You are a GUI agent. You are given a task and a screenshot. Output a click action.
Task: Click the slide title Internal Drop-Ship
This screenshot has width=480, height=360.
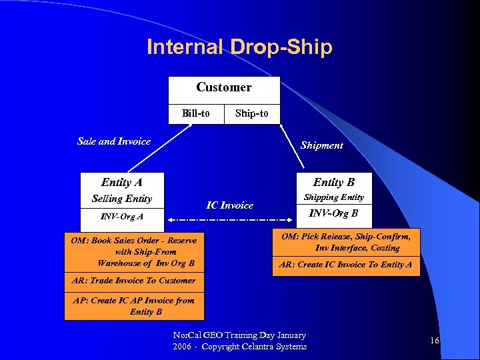tap(239, 47)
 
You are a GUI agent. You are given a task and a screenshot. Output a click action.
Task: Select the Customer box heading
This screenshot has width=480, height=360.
tap(224, 88)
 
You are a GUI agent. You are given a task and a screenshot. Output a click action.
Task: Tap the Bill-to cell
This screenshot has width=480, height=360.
tap(195, 113)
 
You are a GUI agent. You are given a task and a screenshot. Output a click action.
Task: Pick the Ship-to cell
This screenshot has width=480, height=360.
tap(252, 113)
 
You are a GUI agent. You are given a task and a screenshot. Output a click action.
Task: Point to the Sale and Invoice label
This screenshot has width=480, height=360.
tap(114, 141)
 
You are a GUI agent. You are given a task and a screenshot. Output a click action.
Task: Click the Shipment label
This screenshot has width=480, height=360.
tap(321, 145)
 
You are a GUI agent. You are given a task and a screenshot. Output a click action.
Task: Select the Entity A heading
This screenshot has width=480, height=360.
tap(121, 182)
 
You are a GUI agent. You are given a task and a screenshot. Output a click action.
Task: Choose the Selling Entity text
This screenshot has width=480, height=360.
tap(121, 199)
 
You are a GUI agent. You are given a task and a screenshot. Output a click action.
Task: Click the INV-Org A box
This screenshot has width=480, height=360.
tap(121, 217)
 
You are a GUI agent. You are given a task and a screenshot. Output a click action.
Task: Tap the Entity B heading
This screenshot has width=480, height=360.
tap(333, 182)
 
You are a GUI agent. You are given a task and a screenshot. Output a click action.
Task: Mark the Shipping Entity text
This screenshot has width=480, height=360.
tap(333, 197)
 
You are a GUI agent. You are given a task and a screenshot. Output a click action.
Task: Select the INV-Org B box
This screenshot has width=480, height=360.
tap(333, 214)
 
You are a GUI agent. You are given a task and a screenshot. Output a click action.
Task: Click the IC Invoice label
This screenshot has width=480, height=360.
tap(229, 205)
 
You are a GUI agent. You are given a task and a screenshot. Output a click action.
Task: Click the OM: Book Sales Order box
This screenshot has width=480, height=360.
tap(134, 251)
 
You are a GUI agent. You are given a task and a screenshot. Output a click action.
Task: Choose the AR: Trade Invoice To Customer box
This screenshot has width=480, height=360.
tap(133, 281)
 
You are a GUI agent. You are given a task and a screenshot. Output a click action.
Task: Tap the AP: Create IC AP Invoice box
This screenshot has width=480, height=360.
tap(134, 306)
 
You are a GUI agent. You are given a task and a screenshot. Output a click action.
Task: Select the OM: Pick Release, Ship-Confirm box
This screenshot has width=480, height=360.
tap(346, 242)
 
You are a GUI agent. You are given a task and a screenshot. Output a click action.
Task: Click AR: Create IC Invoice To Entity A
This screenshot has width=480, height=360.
tap(346, 265)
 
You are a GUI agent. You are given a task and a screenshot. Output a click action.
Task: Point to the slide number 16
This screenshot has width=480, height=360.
tap(434, 341)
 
